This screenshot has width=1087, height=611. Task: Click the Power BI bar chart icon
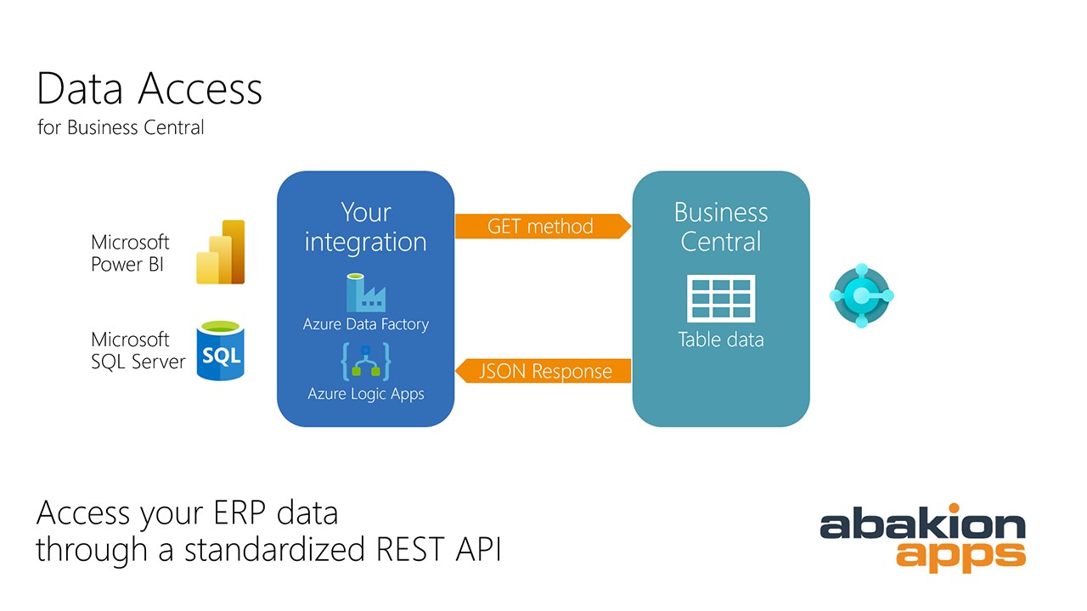220,252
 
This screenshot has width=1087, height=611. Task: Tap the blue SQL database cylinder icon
220,350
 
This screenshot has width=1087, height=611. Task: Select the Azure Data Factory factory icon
366,293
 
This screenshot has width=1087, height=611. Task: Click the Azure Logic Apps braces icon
366,362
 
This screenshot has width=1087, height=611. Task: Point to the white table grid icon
721,298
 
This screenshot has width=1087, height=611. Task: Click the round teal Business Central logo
861,295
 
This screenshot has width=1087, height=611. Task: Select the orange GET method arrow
543,226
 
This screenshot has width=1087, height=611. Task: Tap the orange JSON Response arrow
543,371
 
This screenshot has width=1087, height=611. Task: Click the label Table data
721,339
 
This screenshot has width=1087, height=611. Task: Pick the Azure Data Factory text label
366,324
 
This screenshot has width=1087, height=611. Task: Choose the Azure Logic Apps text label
366,394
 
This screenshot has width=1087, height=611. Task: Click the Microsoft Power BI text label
130,253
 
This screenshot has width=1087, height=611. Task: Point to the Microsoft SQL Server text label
138,350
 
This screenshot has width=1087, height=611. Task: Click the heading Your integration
365,227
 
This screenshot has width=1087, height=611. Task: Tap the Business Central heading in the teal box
721,227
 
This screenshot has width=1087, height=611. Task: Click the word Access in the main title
200,89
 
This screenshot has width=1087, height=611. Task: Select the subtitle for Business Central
121,127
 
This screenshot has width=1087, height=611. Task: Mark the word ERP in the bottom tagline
239,513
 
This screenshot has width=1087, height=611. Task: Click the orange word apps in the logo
960,556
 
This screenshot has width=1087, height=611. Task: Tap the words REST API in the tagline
439,549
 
